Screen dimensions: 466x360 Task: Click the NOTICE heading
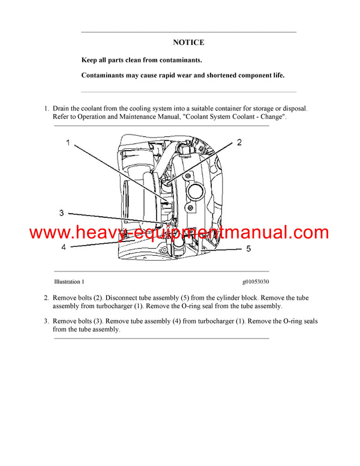click(188, 43)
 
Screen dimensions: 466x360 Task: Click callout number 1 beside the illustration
click(68, 143)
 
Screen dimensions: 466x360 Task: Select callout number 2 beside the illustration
click(239, 142)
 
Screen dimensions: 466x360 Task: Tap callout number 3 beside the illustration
click(61, 213)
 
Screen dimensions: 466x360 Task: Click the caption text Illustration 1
click(69, 281)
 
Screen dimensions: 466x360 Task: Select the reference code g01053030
click(256, 281)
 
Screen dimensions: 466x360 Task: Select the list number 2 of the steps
click(46, 298)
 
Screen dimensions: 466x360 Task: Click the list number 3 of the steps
click(46, 321)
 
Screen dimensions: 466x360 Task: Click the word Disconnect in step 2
click(125, 298)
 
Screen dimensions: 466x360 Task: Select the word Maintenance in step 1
click(151, 117)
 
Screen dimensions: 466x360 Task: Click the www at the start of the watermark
click(48, 232)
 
